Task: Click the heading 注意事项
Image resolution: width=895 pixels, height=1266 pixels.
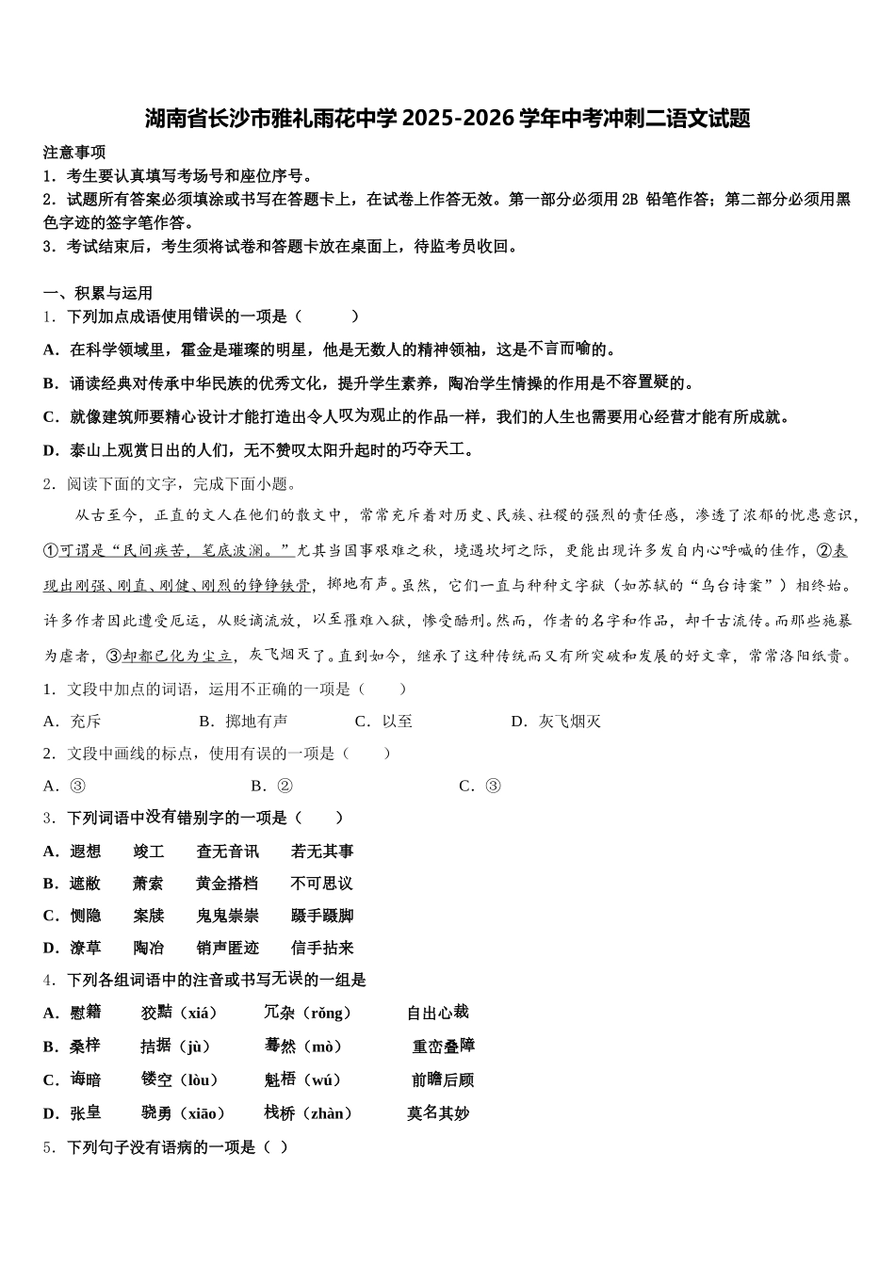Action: pyautogui.click(x=74, y=153)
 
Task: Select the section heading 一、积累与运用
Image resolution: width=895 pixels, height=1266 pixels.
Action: pyautogui.click(x=98, y=293)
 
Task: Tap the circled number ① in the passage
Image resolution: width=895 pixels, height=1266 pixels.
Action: pyautogui.click(x=52, y=550)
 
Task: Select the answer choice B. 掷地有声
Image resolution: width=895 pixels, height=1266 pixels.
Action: pyautogui.click(x=244, y=722)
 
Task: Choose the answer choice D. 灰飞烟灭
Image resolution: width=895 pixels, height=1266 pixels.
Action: pyautogui.click(x=557, y=722)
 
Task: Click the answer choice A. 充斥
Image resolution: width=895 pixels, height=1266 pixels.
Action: pyautogui.click(x=73, y=722)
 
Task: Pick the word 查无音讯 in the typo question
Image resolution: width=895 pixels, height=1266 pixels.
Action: pyautogui.click(x=227, y=852)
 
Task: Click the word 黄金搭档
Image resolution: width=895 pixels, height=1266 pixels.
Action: pyautogui.click(x=227, y=884)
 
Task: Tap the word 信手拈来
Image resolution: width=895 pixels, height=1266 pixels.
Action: pyautogui.click(x=322, y=948)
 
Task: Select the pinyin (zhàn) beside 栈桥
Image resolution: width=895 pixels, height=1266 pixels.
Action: pyautogui.click(x=326, y=1113)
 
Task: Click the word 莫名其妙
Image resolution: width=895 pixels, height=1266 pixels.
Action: pyautogui.click(x=438, y=1113)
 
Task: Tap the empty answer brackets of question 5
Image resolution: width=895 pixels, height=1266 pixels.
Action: pyautogui.click(x=274, y=1147)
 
